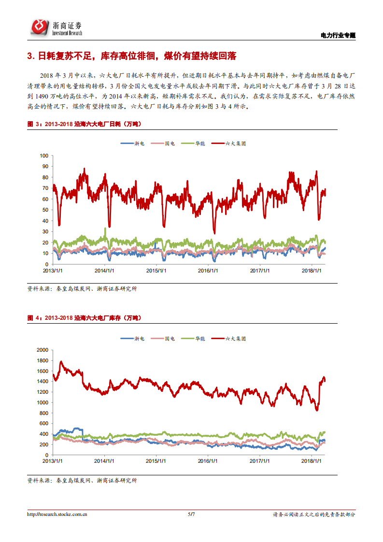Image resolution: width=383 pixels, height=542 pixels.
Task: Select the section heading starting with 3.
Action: [x=131, y=56]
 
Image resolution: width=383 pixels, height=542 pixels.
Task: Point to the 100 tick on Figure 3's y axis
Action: [x=44, y=156]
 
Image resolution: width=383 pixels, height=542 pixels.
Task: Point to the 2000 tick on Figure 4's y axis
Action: [x=43, y=350]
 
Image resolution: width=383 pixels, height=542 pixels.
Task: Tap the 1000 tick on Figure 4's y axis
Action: [x=43, y=402]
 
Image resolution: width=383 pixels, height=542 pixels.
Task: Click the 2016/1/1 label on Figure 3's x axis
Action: [x=208, y=271]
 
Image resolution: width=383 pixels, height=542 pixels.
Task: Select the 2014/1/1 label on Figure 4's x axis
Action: [x=104, y=461]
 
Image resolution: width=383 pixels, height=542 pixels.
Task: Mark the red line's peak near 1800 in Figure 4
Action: [x=61, y=361]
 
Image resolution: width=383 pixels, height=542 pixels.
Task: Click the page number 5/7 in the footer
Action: [x=191, y=514]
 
